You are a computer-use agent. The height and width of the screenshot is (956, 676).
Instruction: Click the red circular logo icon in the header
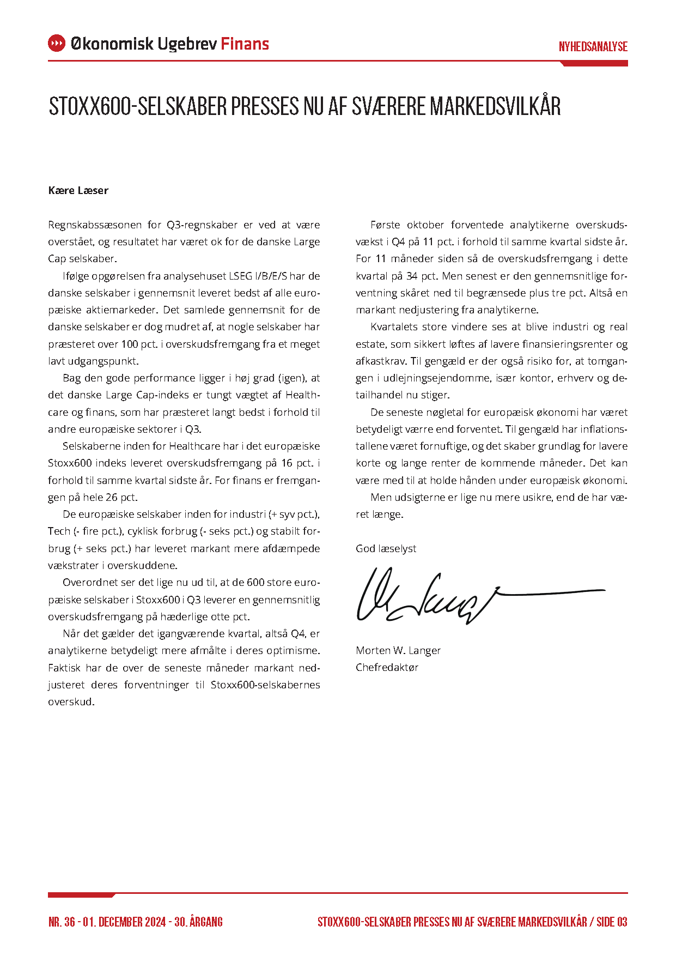[57, 44]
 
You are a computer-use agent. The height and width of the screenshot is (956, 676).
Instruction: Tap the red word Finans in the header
[245, 44]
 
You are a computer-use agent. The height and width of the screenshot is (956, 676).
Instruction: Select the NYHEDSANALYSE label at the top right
[593, 47]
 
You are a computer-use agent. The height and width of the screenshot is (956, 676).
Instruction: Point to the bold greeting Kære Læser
[78, 190]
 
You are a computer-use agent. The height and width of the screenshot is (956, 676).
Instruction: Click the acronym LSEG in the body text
[240, 276]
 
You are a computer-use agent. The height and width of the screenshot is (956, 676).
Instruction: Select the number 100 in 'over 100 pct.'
[129, 344]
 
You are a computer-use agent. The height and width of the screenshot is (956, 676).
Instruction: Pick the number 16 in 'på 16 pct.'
[288, 463]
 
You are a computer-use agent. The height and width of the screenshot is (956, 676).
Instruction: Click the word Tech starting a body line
[59, 531]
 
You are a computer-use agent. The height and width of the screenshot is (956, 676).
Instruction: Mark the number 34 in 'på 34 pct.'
[412, 276]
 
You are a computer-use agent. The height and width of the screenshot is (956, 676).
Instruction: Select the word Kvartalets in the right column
[394, 327]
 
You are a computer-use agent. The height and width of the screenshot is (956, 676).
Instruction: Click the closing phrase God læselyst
[386, 548]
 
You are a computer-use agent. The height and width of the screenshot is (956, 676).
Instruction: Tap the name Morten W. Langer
[398, 650]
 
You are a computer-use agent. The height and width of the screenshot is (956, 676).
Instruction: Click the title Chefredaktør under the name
[387, 667]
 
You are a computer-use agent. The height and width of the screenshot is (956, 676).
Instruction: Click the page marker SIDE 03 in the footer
[612, 922]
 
